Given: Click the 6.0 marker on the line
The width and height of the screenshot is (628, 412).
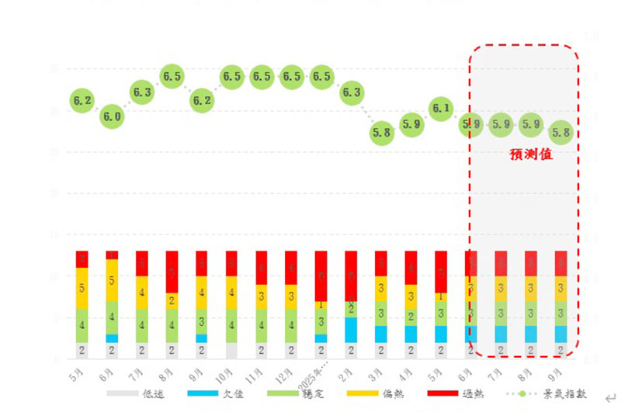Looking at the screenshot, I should [x=112, y=117].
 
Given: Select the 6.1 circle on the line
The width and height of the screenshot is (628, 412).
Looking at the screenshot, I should [x=441, y=109].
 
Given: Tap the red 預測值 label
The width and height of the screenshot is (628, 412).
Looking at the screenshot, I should [x=530, y=154].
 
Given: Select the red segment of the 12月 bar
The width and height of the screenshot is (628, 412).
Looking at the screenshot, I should [x=291, y=268].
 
